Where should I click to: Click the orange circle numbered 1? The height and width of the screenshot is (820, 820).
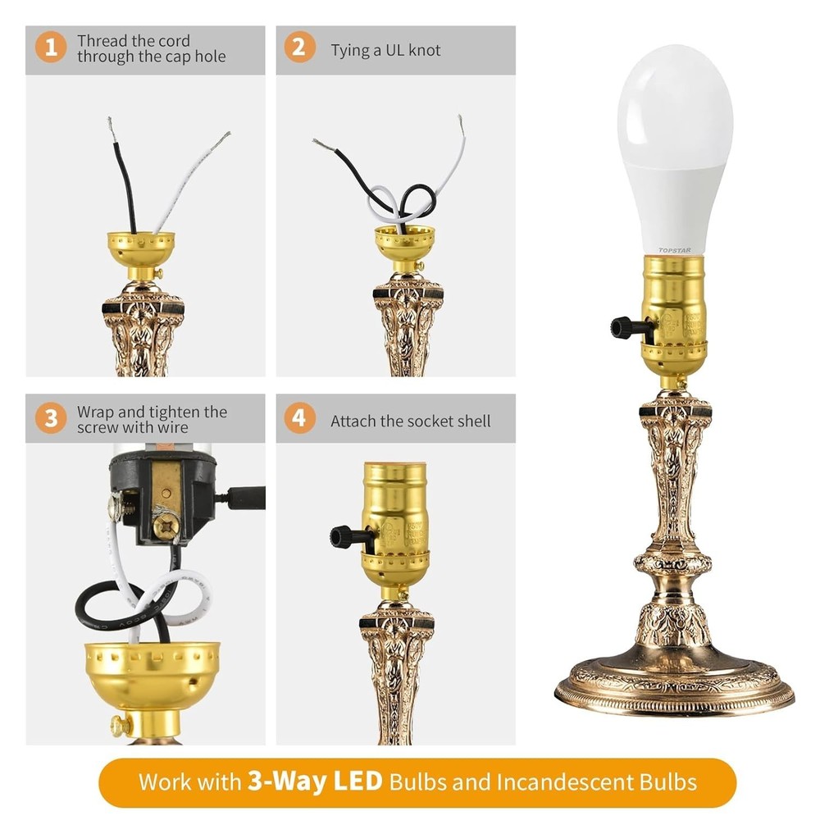tap(51, 48)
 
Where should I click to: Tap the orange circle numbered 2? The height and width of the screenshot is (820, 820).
tap(299, 48)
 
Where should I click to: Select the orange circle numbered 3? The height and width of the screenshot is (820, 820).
tap(51, 419)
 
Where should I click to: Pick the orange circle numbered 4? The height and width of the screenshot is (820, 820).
tap(299, 419)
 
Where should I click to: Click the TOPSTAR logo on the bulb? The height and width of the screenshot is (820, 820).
tap(675, 249)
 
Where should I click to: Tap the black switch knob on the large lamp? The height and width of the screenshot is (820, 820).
tap(623, 328)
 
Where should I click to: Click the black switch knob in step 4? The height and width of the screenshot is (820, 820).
tap(342, 537)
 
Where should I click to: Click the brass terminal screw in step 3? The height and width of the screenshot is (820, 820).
tap(162, 522)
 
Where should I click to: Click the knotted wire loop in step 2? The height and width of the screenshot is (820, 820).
tap(402, 201)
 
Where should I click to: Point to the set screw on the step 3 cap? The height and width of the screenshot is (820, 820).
tap(121, 725)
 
